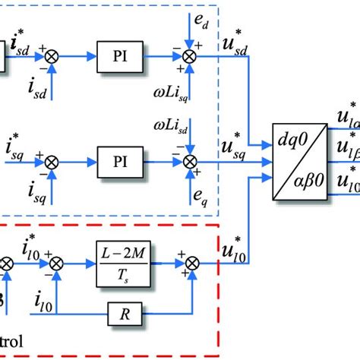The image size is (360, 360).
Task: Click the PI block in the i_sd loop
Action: (x=120, y=55)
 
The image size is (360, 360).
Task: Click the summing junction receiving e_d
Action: (x=190, y=55)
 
